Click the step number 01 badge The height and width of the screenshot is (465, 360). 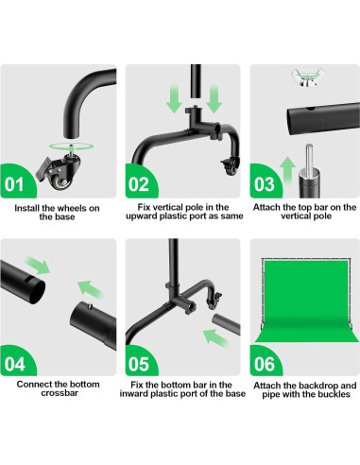(x=16, y=182)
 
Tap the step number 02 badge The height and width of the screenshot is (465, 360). (x=140, y=182)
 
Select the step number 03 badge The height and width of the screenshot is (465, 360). (x=265, y=182)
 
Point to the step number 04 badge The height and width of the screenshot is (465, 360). (x=16, y=362)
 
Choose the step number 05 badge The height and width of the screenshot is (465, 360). (x=140, y=362)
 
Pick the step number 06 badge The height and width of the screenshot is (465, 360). (x=265, y=362)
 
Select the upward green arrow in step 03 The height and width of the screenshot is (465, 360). (x=288, y=170)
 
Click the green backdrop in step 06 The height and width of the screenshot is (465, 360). (x=306, y=301)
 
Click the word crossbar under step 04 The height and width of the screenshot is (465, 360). (x=60, y=393)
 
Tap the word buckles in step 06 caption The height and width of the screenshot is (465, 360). (x=334, y=394)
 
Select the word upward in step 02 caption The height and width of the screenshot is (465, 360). (x=142, y=216)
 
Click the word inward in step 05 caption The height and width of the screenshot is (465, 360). (x=135, y=394)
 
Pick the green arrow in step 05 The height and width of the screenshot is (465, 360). (x=216, y=337)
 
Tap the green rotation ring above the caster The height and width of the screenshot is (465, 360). (x=71, y=146)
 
